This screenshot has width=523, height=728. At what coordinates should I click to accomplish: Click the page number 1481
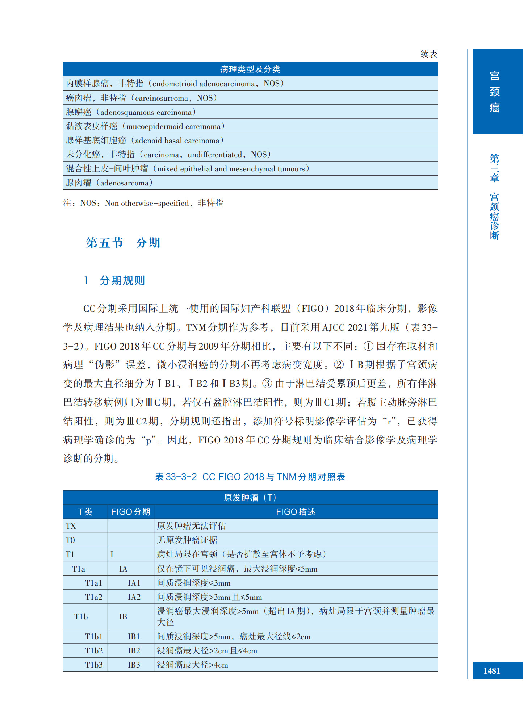(x=491, y=671)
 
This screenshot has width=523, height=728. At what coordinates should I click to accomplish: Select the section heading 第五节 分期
(x=123, y=243)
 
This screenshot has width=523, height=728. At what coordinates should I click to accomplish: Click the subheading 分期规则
(x=122, y=280)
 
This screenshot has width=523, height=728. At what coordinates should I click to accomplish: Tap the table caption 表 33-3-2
(x=176, y=477)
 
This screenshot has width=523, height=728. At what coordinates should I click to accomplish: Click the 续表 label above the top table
(x=428, y=54)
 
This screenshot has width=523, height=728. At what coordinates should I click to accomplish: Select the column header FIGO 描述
(x=296, y=511)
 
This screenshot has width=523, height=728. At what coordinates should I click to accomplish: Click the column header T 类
(x=85, y=511)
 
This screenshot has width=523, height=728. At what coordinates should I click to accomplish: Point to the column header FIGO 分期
(x=130, y=511)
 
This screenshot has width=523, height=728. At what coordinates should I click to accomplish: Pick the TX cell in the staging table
(x=71, y=526)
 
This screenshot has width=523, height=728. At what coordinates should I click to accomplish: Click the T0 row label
(x=70, y=540)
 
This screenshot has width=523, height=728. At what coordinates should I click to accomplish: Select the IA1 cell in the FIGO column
(x=134, y=583)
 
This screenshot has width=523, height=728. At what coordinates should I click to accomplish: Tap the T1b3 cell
(x=94, y=665)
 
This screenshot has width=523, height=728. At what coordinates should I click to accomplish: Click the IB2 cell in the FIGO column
(x=134, y=650)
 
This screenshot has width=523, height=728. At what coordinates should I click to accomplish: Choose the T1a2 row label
(x=93, y=597)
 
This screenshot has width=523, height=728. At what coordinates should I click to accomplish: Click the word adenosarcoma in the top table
(x=124, y=183)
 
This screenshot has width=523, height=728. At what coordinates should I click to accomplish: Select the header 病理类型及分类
(x=250, y=69)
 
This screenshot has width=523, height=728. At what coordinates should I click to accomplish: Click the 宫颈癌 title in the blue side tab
(x=494, y=92)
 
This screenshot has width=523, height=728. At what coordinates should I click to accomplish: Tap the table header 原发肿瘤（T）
(x=250, y=498)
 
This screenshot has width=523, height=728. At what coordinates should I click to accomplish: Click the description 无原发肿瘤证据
(x=187, y=540)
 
